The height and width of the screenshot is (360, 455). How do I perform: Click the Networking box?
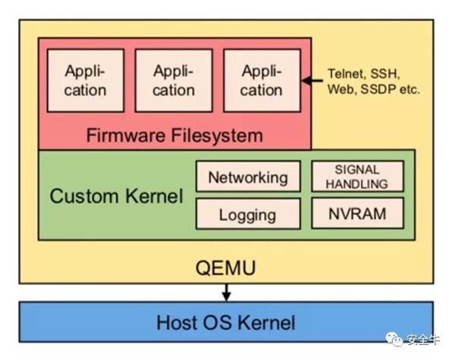tap(248, 177)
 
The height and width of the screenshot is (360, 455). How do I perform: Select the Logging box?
tap(248, 214)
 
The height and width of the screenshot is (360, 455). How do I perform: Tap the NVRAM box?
tap(357, 213)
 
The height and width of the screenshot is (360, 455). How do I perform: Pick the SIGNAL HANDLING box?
tap(357, 177)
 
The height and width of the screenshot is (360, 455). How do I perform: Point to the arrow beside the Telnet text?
tap(311, 80)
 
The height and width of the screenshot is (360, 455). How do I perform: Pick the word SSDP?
tap(379, 89)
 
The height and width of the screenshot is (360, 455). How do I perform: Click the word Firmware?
tap(124, 136)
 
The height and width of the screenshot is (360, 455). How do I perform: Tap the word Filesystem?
tap(216, 136)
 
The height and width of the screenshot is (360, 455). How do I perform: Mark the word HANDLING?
tap(357, 183)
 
